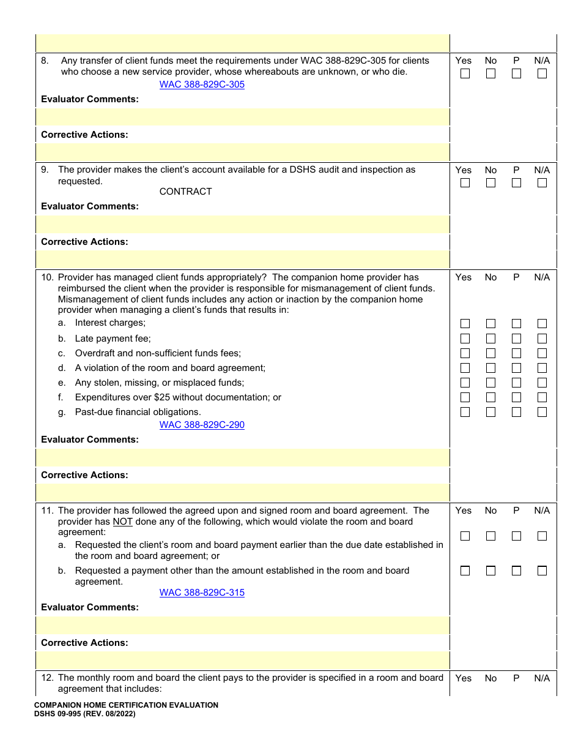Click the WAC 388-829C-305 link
point(202,84)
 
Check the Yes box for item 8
point(465,74)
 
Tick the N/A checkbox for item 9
point(542,183)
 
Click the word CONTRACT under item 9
point(185,192)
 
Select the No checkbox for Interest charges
point(491,324)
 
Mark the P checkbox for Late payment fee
point(517,339)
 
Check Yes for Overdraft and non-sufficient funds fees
point(465,353)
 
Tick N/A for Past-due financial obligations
point(542,412)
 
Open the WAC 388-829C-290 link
point(202,425)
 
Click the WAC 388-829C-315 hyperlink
point(202,593)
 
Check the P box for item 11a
point(517,536)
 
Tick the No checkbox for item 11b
point(491,571)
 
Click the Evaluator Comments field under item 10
point(243,457)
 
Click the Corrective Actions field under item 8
point(243,152)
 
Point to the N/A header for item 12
point(542,678)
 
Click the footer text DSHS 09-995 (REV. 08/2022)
point(85,714)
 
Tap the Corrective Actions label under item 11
point(84,643)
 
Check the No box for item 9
point(491,183)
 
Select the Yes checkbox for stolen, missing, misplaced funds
point(465,383)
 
